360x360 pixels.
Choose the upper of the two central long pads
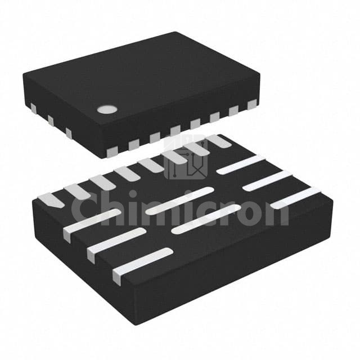179,200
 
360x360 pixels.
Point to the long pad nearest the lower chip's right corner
295,198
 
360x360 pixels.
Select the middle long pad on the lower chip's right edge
267,181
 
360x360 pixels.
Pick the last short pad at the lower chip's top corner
218,141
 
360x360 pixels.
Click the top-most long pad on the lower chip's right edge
241,164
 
